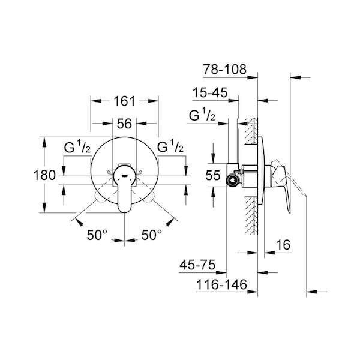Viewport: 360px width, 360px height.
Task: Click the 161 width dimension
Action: click(125, 101)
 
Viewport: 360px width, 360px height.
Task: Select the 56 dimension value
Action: click(124, 124)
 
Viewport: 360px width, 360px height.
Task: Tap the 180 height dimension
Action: click(44, 175)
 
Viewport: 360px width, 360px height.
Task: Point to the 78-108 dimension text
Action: click(224, 69)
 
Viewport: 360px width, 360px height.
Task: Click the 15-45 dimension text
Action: click(210, 92)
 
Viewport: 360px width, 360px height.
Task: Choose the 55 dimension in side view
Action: click(213, 175)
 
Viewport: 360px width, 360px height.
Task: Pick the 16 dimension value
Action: click(283, 245)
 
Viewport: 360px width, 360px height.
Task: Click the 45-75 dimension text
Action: click(197, 265)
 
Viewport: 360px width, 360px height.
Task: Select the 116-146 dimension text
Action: click(222, 284)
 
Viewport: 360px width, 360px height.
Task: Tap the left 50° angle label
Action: click(97, 235)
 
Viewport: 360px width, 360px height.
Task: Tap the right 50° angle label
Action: click(152, 235)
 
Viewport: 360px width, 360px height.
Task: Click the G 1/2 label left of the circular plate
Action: click(77, 147)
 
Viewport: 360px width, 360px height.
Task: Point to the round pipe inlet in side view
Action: click(233, 180)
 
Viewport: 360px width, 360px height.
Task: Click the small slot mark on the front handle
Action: click(125, 176)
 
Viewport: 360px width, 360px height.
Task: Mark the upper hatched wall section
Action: click(251, 131)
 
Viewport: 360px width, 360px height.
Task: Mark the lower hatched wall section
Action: click(251, 215)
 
